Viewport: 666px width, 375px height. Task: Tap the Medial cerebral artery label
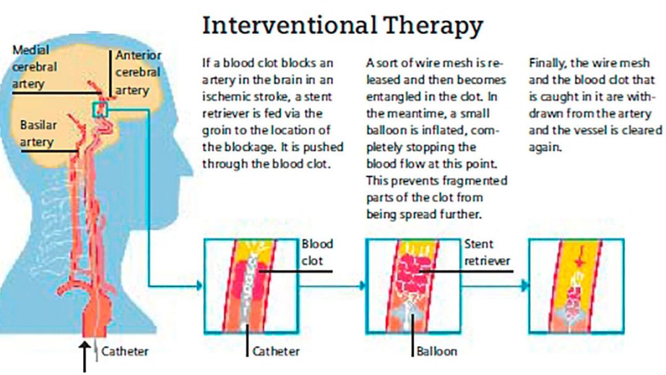[34, 66]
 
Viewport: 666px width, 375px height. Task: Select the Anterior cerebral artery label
[137, 73]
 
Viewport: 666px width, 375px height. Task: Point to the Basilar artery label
[37, 132]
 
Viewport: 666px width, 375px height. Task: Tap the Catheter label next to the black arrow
[125, 352]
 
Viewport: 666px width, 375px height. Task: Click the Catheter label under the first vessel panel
[276, 352]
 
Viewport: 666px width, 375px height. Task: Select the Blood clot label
[317, 253]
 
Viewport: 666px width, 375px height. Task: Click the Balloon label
[437, 352]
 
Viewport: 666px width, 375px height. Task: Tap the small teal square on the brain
[100, 110]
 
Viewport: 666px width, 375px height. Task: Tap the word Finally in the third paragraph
[548, 63]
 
